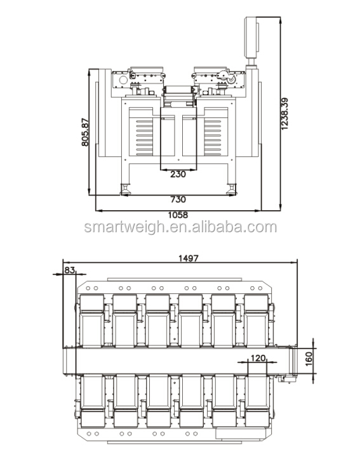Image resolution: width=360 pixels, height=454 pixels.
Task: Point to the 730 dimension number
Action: tap(178, 199)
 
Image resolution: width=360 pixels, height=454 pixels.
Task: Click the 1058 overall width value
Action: tap(178, 215)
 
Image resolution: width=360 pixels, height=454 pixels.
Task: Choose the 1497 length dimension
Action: tap(189, 258)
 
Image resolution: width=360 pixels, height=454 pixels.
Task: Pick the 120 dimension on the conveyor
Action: tap(257, 358)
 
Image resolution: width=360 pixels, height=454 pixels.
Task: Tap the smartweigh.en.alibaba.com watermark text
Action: tap(180, 228)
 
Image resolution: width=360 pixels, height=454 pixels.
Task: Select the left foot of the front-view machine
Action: tap(124, 189)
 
